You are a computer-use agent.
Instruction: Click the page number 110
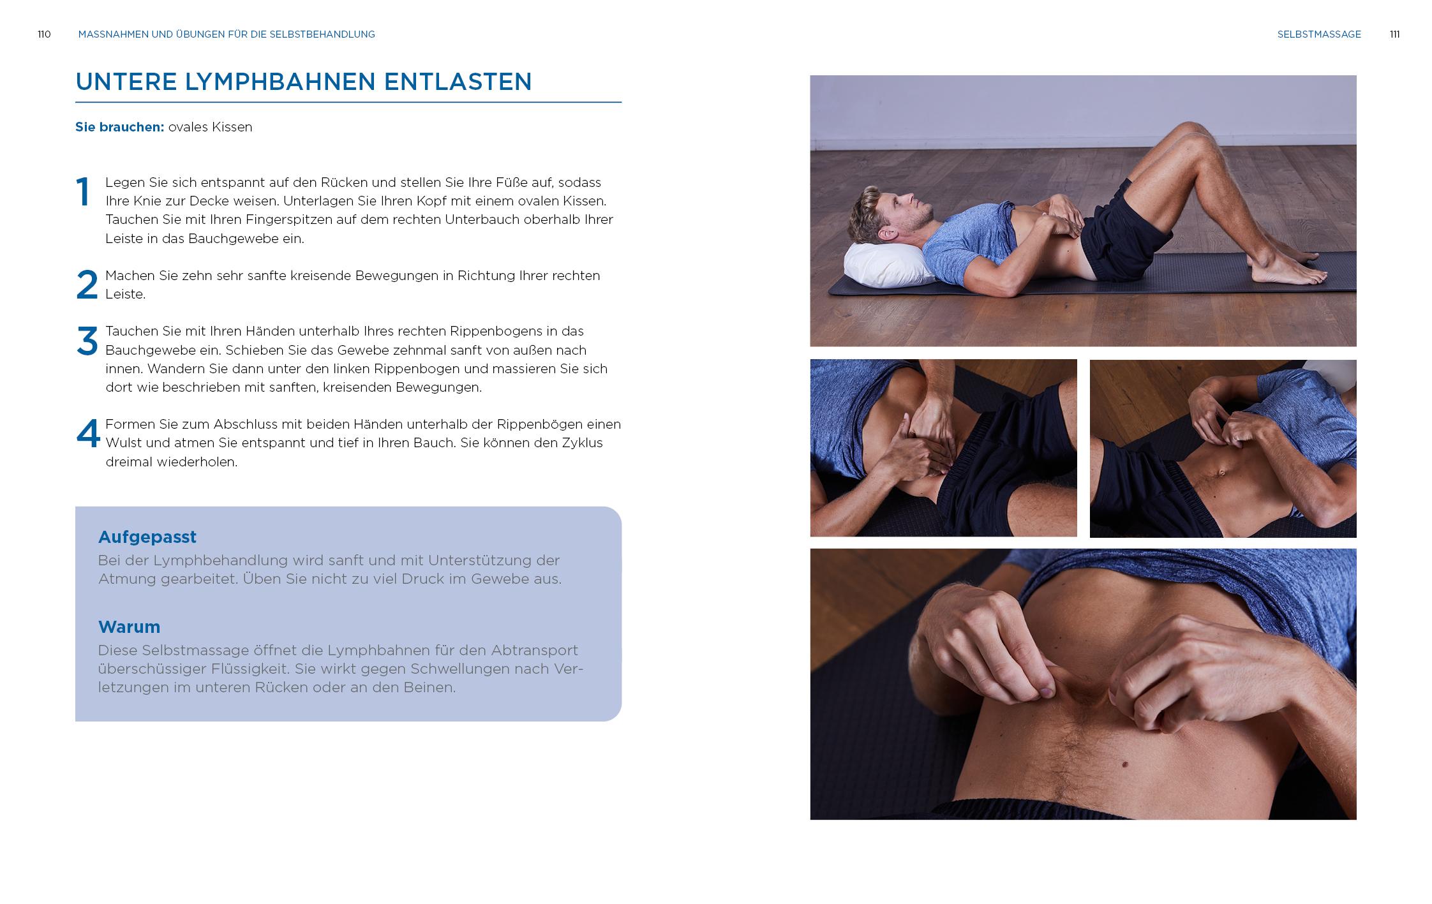pyautogui.click(x=44, y=34)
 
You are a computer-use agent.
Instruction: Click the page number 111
pyautogui.click(x=1394, y=34)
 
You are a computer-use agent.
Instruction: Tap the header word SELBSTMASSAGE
pyautogui.click(x=1319, y=34)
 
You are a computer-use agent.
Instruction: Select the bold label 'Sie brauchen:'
pyautogui.click(x=120, y=127)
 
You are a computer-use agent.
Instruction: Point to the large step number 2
pyautogui.click(x=87, y=285)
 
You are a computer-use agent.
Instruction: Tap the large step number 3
pyautogui.click(x=87, y=341)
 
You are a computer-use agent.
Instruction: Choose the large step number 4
pyautogui.click(x=88, y=434)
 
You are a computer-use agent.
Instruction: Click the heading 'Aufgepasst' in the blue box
pyautogui.click(x=147, y=537)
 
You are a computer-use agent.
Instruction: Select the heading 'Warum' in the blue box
pyautogui.click(x=129, y=627)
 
